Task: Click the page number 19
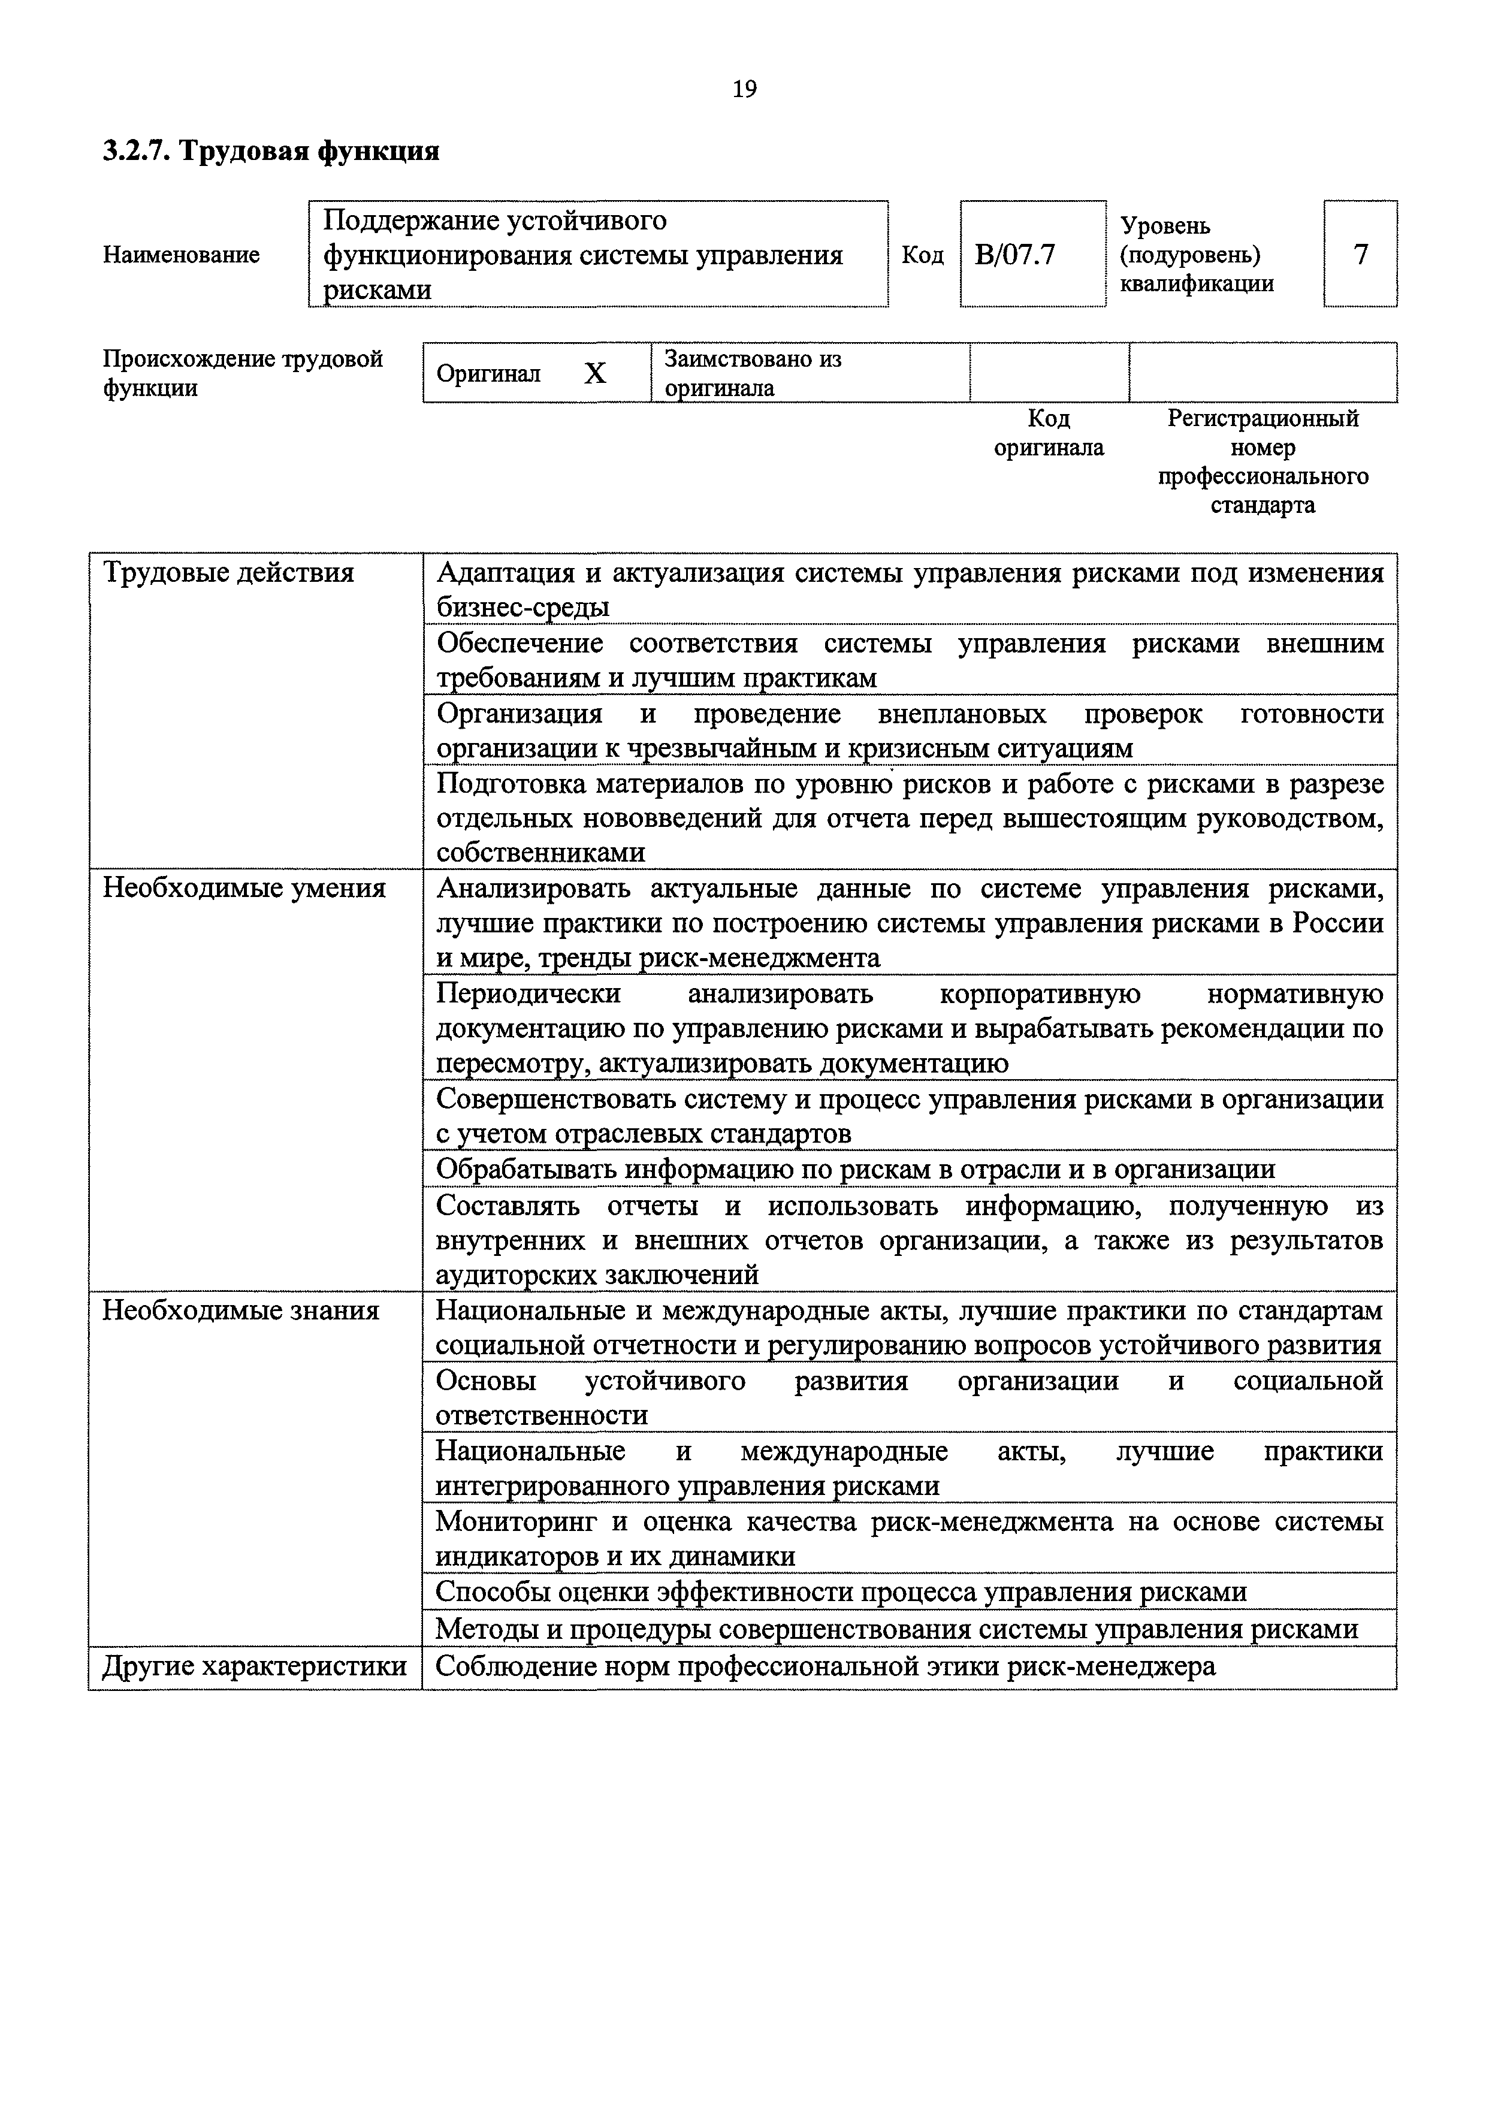[744, 89]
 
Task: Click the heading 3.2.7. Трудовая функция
[271, 150]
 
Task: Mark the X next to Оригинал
[595, 373]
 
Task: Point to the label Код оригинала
[1049, 433]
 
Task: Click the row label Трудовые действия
[228, 573]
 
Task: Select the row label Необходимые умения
[243, 888]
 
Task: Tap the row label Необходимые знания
[240, 1310]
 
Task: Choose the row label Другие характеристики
[253, 1665]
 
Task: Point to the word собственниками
[540, 852]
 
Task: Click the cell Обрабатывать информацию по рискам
[855, 1169]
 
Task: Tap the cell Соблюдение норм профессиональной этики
[825, 1665]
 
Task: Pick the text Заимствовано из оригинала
[753, 373]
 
